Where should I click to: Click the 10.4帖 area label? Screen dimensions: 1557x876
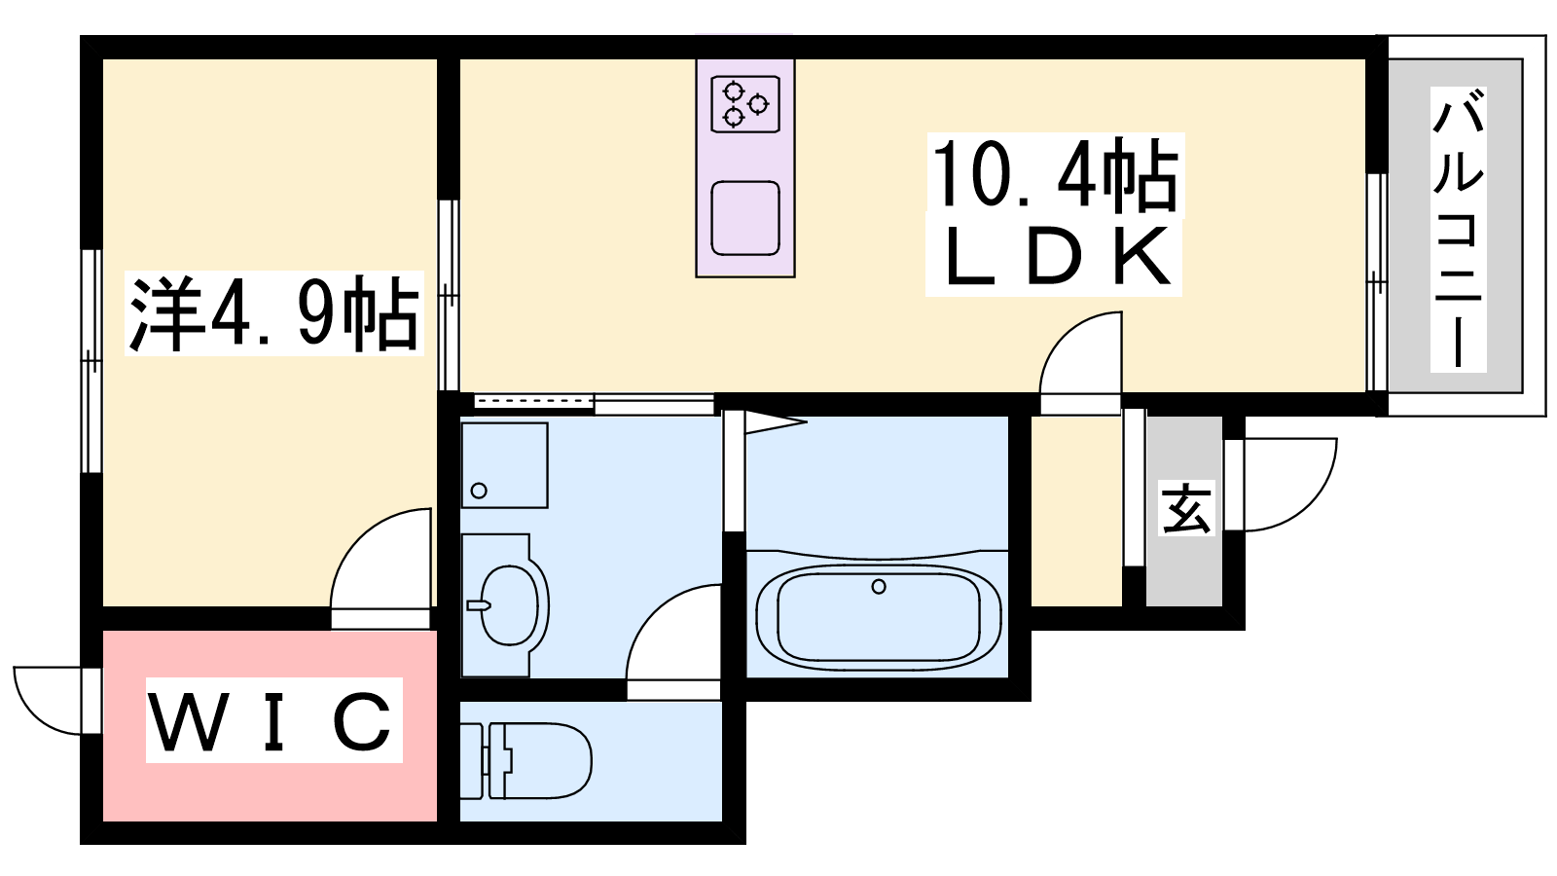pyautogui.click(x=1055, y=174)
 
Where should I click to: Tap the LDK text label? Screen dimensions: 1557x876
pyautogui.click(x=1054, y=257)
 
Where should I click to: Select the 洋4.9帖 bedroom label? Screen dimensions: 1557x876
pyautogui.click(x=273, y=314)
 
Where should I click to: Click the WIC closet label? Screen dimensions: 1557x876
pyautogui.click(x=273, y=720)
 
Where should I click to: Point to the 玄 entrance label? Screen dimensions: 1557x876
pyautogui.click(x=1187, y=508)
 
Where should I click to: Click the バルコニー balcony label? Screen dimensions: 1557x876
pyautogui.click(x=1458, y=230)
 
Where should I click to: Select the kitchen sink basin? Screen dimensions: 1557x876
pyautogui.click(x=745, y=218)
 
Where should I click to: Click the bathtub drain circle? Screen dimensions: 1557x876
pyautogui.click(x=879, y=587)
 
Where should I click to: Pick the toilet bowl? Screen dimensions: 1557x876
pyautogui.click(x=541, y=760)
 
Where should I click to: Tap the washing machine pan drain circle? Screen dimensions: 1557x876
pyautogui.click(x=479, y=491)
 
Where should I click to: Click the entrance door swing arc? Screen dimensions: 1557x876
pyautogui.click(x=1289, y=485)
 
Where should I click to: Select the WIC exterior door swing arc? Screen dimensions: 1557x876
pyautogui.click(x=48, y=700)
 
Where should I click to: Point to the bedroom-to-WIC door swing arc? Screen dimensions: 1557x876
pyautogui.click(x=380, y=559)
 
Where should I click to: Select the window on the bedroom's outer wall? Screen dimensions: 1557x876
pyautogui.click(x=91, y=361)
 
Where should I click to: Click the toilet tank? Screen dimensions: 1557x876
pyautogui.click(x=472, y=760)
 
